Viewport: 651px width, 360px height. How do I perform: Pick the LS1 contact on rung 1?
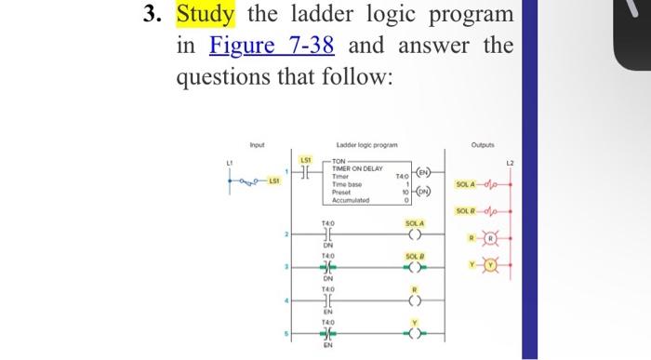(x=303, y=175)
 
